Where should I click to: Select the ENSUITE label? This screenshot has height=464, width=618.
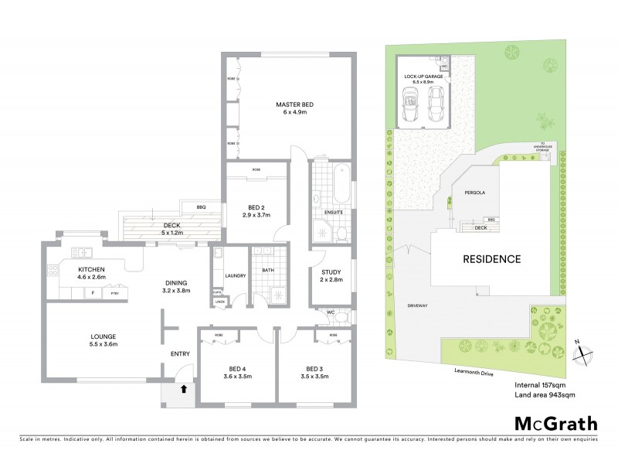point(333,212)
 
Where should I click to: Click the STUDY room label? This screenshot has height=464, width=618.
point(331,271)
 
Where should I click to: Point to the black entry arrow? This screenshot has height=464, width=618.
point(183,390)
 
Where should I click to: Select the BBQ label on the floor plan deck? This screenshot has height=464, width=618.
point(200,207)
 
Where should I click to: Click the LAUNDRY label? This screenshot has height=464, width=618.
point(235,275)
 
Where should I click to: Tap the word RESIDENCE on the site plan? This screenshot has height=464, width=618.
point(491,259)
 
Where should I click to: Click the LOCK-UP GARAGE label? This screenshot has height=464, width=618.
point(422,77)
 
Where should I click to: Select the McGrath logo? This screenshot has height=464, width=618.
point(555,423)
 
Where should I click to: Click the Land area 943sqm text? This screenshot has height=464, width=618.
point(545,394)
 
